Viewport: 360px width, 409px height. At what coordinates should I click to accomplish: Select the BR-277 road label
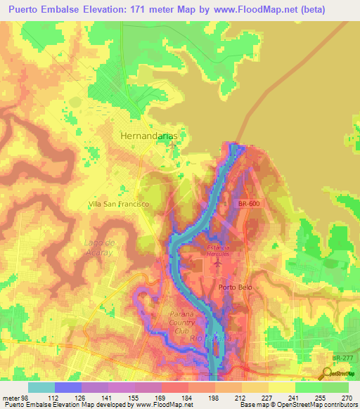[x=344, y=358]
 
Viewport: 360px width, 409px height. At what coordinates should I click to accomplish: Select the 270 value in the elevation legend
[x=346, y=398]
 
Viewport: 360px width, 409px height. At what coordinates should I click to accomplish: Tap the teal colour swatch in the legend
[x=41, y=387]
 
